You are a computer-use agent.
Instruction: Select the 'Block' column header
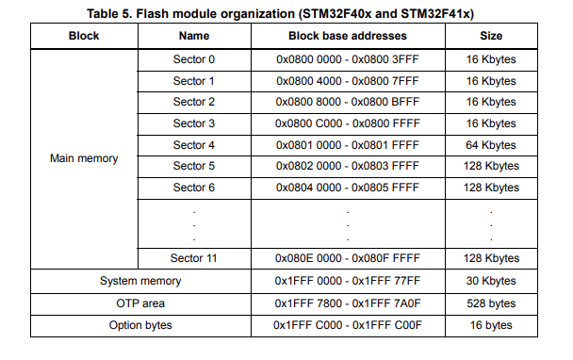(84, 36)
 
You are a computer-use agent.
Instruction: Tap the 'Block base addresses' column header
(347, 36)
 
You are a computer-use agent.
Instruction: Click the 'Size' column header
(492, 36)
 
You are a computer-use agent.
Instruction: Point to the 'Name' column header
(193, 36)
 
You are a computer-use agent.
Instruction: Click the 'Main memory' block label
(84, 158)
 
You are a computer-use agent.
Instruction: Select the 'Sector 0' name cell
(193, 58)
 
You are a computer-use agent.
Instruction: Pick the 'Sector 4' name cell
(193, 144)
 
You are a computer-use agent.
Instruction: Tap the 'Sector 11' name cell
(193, 257)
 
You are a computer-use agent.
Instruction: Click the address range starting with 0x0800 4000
(347, 80)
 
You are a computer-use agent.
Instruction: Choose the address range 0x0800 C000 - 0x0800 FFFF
(347, 123)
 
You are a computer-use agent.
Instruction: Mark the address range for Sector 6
(347, 187)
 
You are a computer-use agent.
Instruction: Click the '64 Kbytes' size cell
(492, 144)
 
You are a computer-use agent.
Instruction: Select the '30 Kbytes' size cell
(492, 281)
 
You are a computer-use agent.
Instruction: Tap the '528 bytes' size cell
(492, 303)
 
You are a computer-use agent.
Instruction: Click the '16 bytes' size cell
(492, 324)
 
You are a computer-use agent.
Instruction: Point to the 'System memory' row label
(140, 281)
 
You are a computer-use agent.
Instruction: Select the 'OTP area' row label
(140, 303)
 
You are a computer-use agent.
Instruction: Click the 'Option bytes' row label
(140, 324)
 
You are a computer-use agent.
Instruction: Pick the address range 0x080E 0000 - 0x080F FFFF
(347, 257)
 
